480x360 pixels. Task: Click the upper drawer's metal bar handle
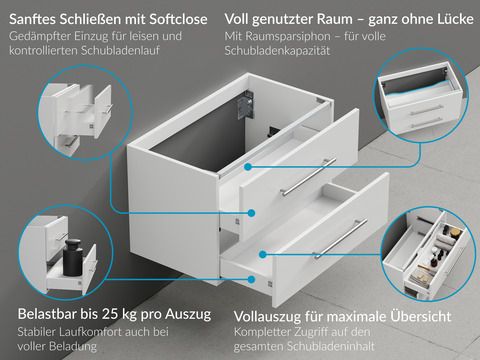[x=310, y=177]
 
